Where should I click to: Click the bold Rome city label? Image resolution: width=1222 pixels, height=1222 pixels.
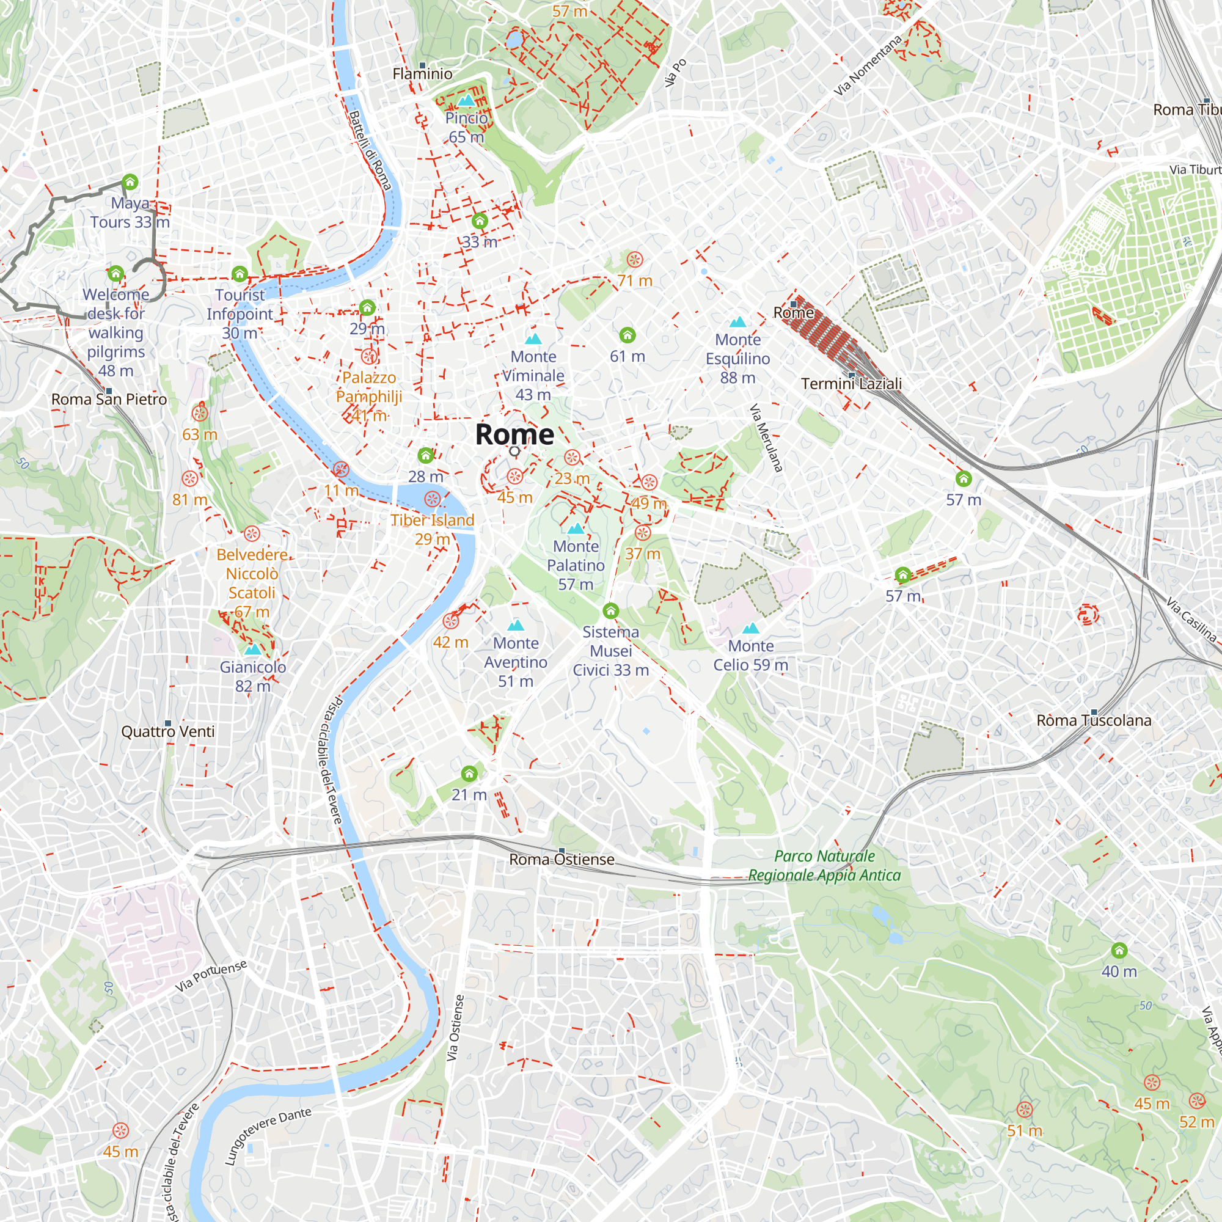(514, 434)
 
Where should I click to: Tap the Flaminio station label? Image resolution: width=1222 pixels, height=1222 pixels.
(423, 74)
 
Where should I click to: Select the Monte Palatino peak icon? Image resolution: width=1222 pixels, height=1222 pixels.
(576, 528)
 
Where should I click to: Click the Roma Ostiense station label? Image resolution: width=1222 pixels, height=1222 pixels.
(562, 860)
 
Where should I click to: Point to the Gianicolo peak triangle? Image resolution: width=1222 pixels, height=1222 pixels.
(252, 649)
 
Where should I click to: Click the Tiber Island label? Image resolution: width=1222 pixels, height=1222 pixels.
(432, 521)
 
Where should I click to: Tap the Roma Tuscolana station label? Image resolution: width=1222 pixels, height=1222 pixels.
(1094, 720)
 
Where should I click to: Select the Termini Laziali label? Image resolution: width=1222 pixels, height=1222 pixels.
(851, 384)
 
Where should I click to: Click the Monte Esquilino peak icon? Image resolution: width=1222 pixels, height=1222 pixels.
(737, 323)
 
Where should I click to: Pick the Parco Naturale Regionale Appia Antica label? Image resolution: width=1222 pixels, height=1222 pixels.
(824, 866)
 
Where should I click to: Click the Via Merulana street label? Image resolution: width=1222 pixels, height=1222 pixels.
(766, 438)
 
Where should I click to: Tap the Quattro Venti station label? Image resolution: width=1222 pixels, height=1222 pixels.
(167, 732)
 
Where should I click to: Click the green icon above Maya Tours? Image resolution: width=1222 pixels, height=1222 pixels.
(130, 183)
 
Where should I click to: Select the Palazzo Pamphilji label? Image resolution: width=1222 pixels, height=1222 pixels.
(369, 387)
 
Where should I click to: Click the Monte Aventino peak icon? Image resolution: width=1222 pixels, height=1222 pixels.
(516, 626)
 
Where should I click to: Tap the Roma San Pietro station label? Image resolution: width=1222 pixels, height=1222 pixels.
(109, 400)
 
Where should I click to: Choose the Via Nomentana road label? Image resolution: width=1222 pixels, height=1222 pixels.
(867, 66)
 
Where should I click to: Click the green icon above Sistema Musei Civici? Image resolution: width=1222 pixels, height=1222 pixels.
(610, 610)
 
